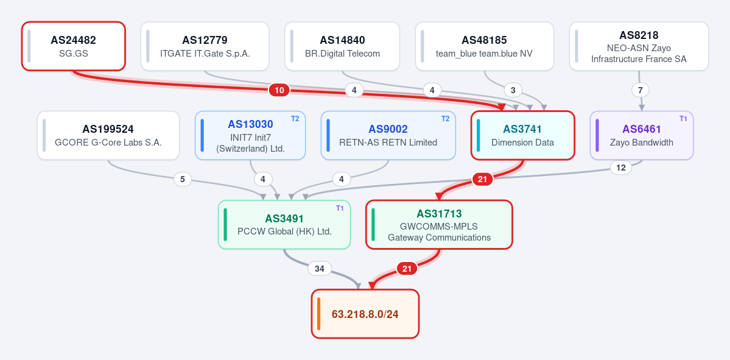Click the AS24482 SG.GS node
74,46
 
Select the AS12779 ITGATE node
205,46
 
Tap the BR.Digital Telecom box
342,46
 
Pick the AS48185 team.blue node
484,46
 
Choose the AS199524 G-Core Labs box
108,135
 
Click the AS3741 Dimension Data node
523,135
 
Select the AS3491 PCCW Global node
284,225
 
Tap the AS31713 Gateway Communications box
439,225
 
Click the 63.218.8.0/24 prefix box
365,314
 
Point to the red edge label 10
279,90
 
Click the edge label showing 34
320,269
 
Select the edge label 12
620,168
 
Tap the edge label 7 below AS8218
640,90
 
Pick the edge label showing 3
513,90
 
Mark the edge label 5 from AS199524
183,179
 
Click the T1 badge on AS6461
683,119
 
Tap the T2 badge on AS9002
446,119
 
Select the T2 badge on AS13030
295,119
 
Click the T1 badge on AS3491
340,208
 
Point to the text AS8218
639,35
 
